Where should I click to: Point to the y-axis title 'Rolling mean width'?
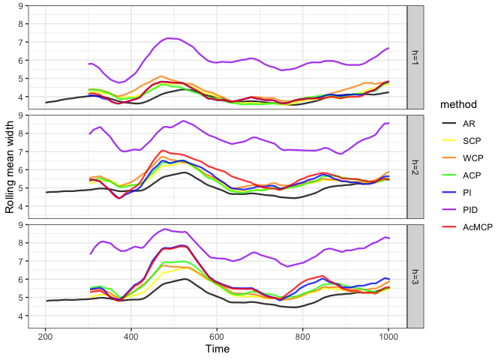point(10,165)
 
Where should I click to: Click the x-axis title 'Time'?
point(217,349)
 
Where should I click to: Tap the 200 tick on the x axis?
point(46,335)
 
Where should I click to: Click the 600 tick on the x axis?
point(217,335)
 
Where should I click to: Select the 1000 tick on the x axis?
point(388,335)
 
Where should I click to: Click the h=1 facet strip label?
point(416,58)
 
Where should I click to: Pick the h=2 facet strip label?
point(416,166)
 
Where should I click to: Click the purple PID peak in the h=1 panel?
point(171,37)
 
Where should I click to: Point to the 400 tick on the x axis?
point(131,335)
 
